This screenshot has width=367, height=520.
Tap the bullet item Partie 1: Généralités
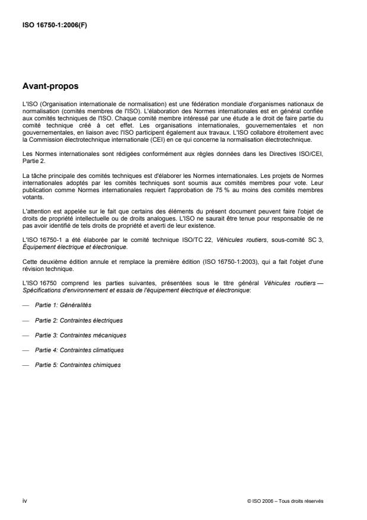pos(61,305)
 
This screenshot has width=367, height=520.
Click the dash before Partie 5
pos(25,365)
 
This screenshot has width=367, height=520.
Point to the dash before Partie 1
pos(25,305)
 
